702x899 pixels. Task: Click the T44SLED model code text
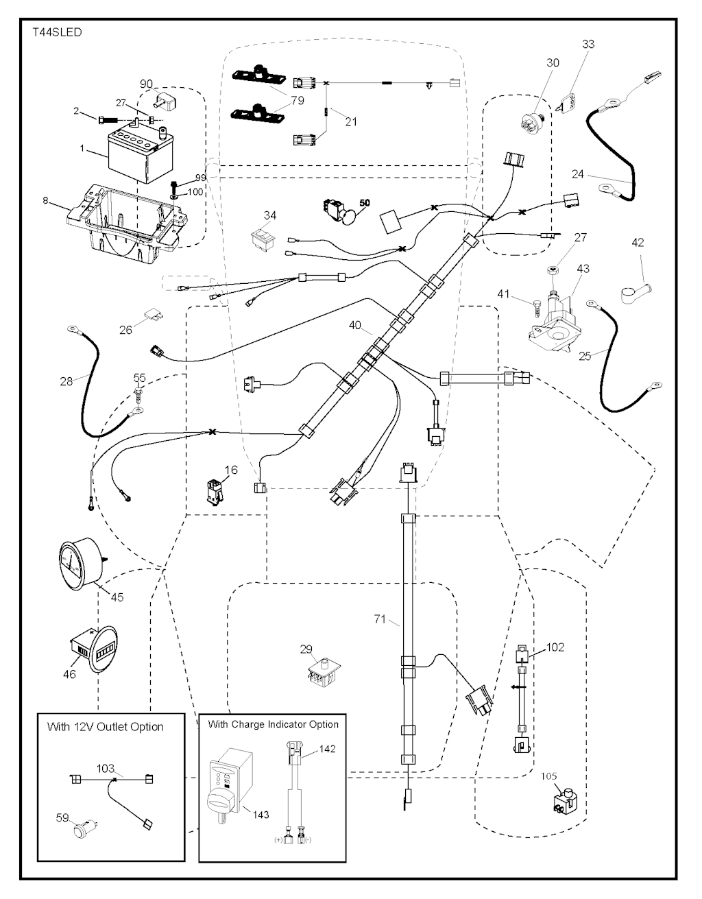[57, 32]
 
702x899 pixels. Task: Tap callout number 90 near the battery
[146, 84]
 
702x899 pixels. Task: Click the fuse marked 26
[152, 317]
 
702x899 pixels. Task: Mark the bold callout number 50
[364, 203]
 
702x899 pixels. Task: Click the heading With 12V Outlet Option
[105, 727]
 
